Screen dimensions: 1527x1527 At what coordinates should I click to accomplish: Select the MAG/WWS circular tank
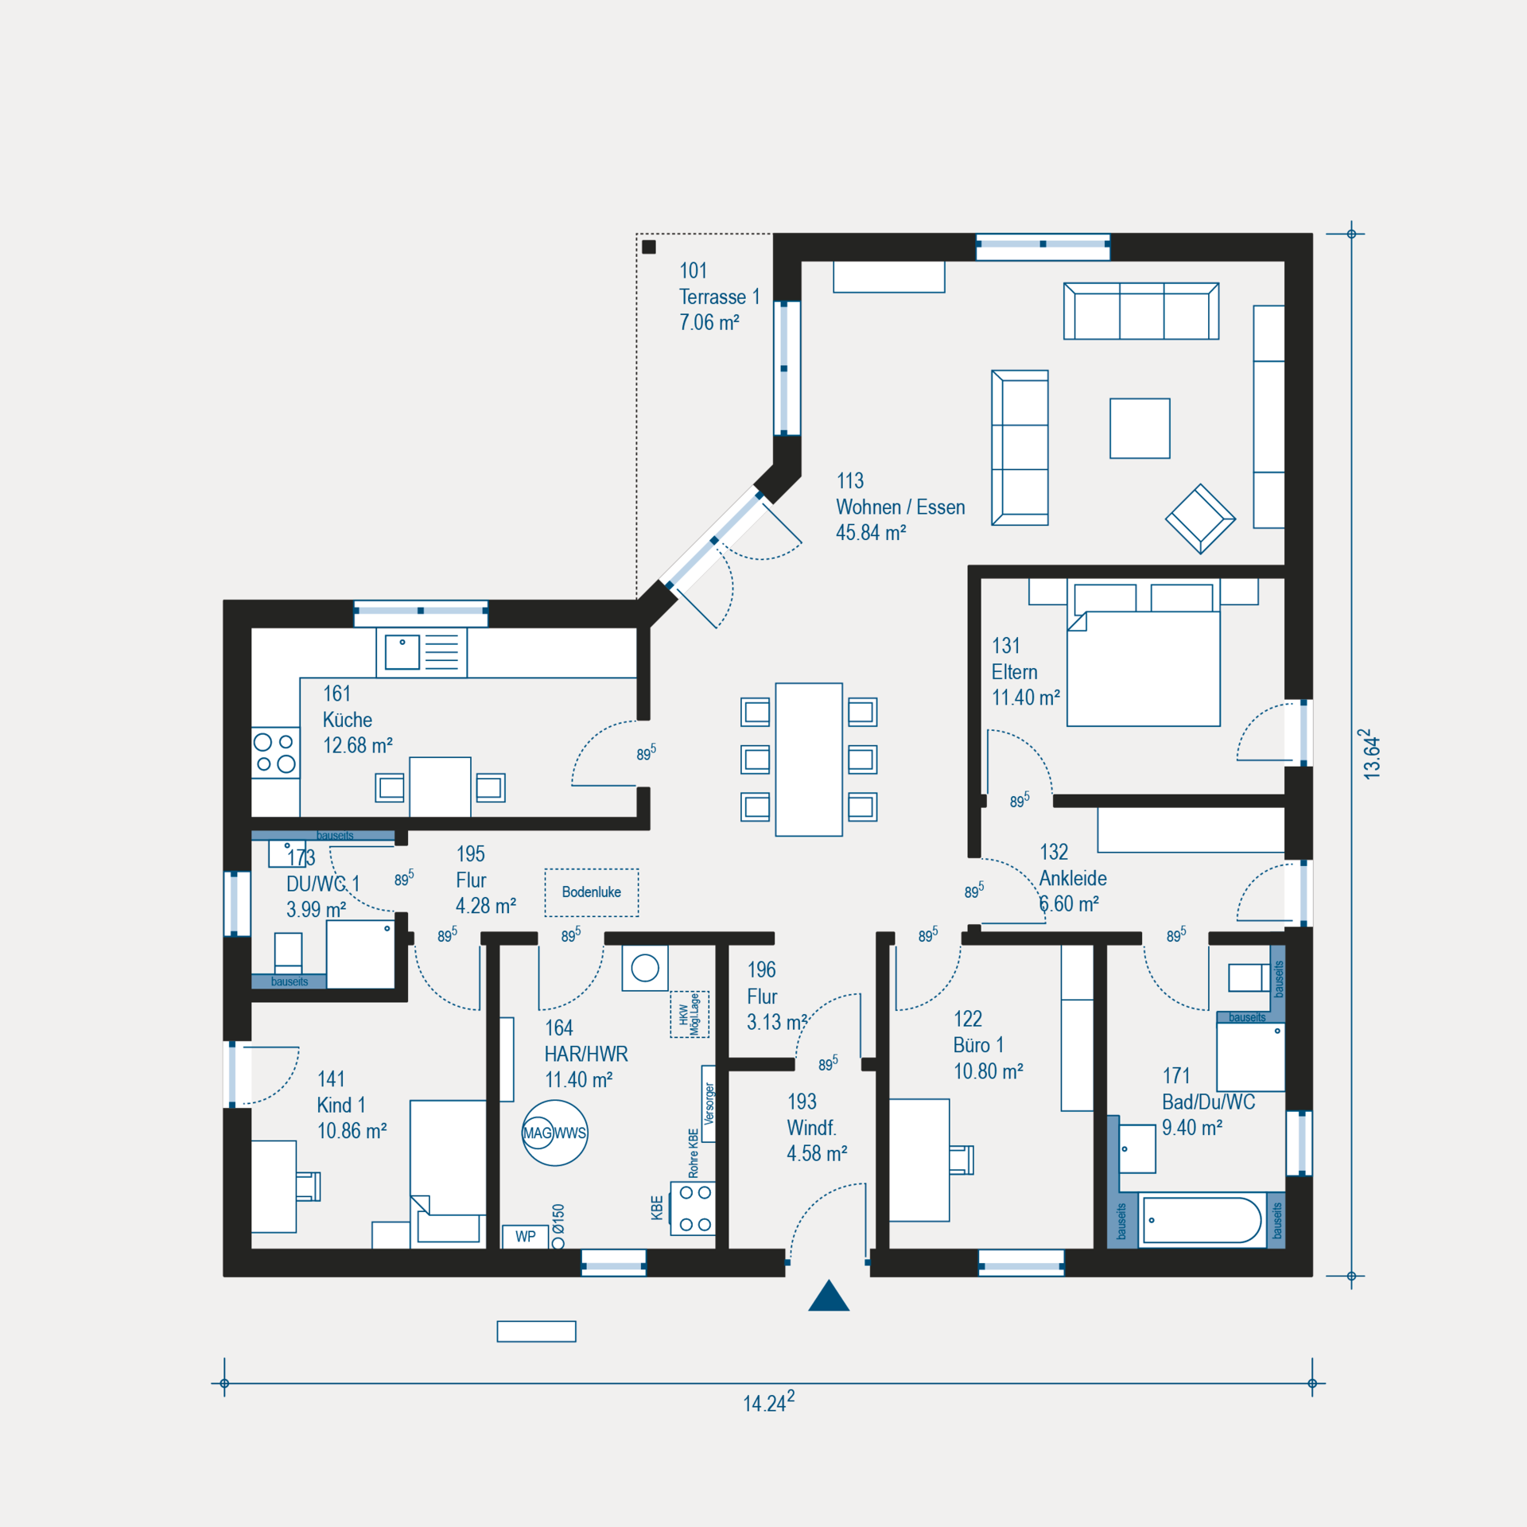[555, 1133]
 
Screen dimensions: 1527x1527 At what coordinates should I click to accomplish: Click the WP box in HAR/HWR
[526, 1237]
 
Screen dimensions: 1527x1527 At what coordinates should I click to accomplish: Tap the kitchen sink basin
[402, 653]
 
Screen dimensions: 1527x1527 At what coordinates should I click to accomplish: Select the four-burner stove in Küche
[275, 752]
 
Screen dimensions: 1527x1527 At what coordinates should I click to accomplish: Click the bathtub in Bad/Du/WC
[1202, 1220]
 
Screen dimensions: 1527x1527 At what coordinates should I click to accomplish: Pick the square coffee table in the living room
[1140, 429]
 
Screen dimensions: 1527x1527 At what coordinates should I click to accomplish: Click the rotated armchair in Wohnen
[1200, 519]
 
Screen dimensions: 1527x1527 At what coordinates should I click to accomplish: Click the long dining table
[809, 760]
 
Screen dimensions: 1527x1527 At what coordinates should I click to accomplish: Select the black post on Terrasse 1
[649, 247]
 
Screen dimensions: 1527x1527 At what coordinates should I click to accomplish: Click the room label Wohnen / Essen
[900, 507]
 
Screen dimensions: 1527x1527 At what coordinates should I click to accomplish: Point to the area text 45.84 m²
[871, 533]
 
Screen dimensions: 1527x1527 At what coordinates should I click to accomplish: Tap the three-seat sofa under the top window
[1141, 311]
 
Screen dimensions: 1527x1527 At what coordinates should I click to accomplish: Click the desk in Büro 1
[919, 1160]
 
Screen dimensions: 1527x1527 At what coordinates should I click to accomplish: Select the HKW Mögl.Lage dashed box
[689, 1014]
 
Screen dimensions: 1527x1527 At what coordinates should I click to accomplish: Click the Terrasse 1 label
[720, 297]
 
